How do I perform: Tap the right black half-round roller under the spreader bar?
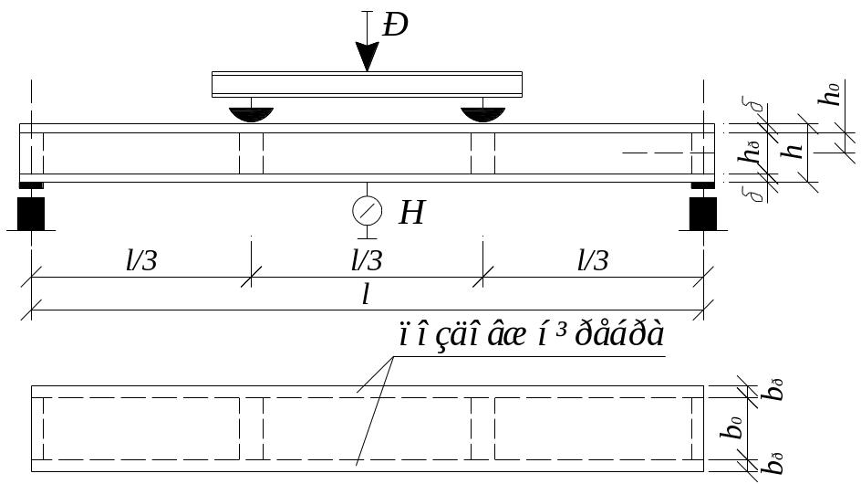click(482, 115)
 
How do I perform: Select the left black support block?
click(32, 212)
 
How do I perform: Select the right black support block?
click(702, 212)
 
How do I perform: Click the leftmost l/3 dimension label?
click(141, 261)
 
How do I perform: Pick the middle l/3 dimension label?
click(367, 261)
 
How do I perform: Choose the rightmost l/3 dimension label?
click(592, 261)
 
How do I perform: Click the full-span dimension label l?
click(365, 294)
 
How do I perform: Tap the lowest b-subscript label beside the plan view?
click(773, 465)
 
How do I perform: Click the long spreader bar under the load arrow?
click(367, 84)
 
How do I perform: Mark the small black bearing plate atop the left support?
click(32, 186)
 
